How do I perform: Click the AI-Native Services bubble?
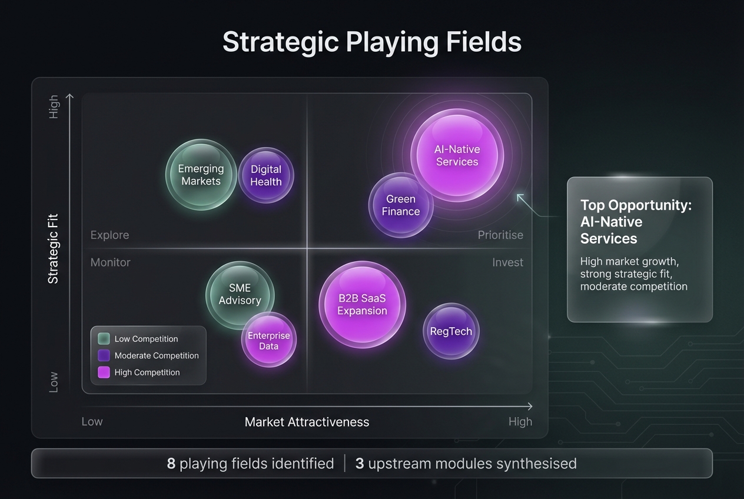pyautogui.click(x=457, y=155)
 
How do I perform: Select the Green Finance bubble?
pyautogui.click(x=401, y=205)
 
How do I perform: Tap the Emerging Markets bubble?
pyautogui.click(x=201, y=175)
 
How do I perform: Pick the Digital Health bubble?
pyautogui.click(x=266, y=175)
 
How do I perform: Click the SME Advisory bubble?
pyautogui.click(x=240, y=294)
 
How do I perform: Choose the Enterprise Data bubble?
pyautogui.click(x=269, y=341)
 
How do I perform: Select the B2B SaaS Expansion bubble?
pyautogui.click(x=362, y=305)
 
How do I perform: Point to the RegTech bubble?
pyautogui.click(x=451, y=331)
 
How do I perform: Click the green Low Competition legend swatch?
pyautogui.click(x=104, y=338)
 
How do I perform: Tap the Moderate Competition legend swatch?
pyautogui.click(x=104, y=355)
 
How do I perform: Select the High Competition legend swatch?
pyautogui.click(x=104, y=372)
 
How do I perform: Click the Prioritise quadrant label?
pyautogui.click(x=500, y=235)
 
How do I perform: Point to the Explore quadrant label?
pyautogui.click(x=109, y=235)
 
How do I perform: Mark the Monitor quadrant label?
pyautogui.click(x=110, y=262)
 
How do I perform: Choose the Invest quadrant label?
pyautogui.click(x=507, y=262)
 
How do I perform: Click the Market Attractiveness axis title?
pyautogui.click(x=307, y=422)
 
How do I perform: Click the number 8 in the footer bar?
pyautogui.click(x=171, y=464)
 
